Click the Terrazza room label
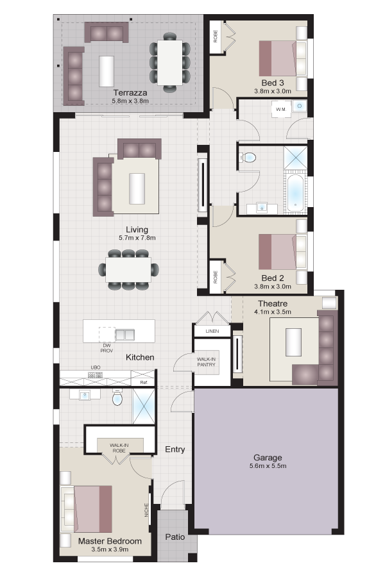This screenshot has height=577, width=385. coord(130,93)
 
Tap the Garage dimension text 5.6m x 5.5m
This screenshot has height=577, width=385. coord(268,466)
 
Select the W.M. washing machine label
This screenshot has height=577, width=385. coord(281,109)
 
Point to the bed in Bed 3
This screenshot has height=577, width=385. coord(282,58)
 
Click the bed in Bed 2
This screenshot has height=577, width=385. coord(282,252)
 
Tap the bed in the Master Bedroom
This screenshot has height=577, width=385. coord(86,509)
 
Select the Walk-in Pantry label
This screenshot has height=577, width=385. coord(207,362)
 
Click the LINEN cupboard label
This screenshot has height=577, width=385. coord(212,331)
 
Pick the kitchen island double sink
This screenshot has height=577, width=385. coord(124,335)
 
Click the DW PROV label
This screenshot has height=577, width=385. coord(107,348)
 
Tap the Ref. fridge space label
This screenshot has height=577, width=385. coord(144,383)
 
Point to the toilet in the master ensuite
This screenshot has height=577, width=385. coord(117,397)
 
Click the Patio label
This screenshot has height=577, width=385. coord(175,537)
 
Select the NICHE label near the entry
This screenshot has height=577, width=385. coord(146,510)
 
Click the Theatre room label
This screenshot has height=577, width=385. coord(273,304)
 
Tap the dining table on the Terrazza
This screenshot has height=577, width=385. coord(170,62)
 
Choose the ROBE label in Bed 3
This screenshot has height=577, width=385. coord(216,36)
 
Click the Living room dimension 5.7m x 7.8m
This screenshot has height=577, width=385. coord(137,238)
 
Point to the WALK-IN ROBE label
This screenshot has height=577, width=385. coord(119,448)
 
